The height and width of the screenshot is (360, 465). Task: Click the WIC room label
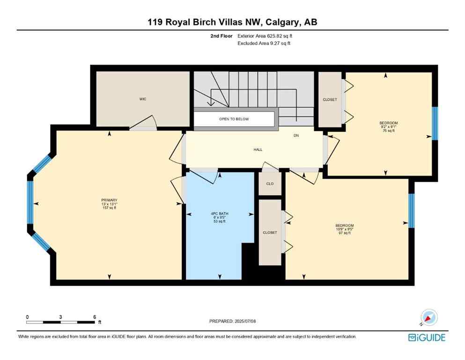point(143,99)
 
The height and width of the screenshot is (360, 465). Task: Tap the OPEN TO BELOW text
point(234,119)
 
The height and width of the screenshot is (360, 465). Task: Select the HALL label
point(258,150)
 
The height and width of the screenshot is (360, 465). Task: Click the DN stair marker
point(296,136)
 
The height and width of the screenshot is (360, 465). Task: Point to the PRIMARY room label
point(109,200)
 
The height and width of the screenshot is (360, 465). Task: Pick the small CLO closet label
point(270,184)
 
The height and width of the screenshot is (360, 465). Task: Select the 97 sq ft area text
point(344,233)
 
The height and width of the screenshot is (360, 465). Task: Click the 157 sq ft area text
point(109,208)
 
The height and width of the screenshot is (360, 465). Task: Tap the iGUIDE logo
point(427,337)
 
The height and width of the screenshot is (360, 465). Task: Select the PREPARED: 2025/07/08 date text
point(233,321)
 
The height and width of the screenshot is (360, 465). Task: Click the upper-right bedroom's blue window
point(435,124)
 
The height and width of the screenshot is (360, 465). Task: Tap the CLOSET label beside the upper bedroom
point(330,99)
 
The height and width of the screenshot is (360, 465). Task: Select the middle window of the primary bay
point(30,203)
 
